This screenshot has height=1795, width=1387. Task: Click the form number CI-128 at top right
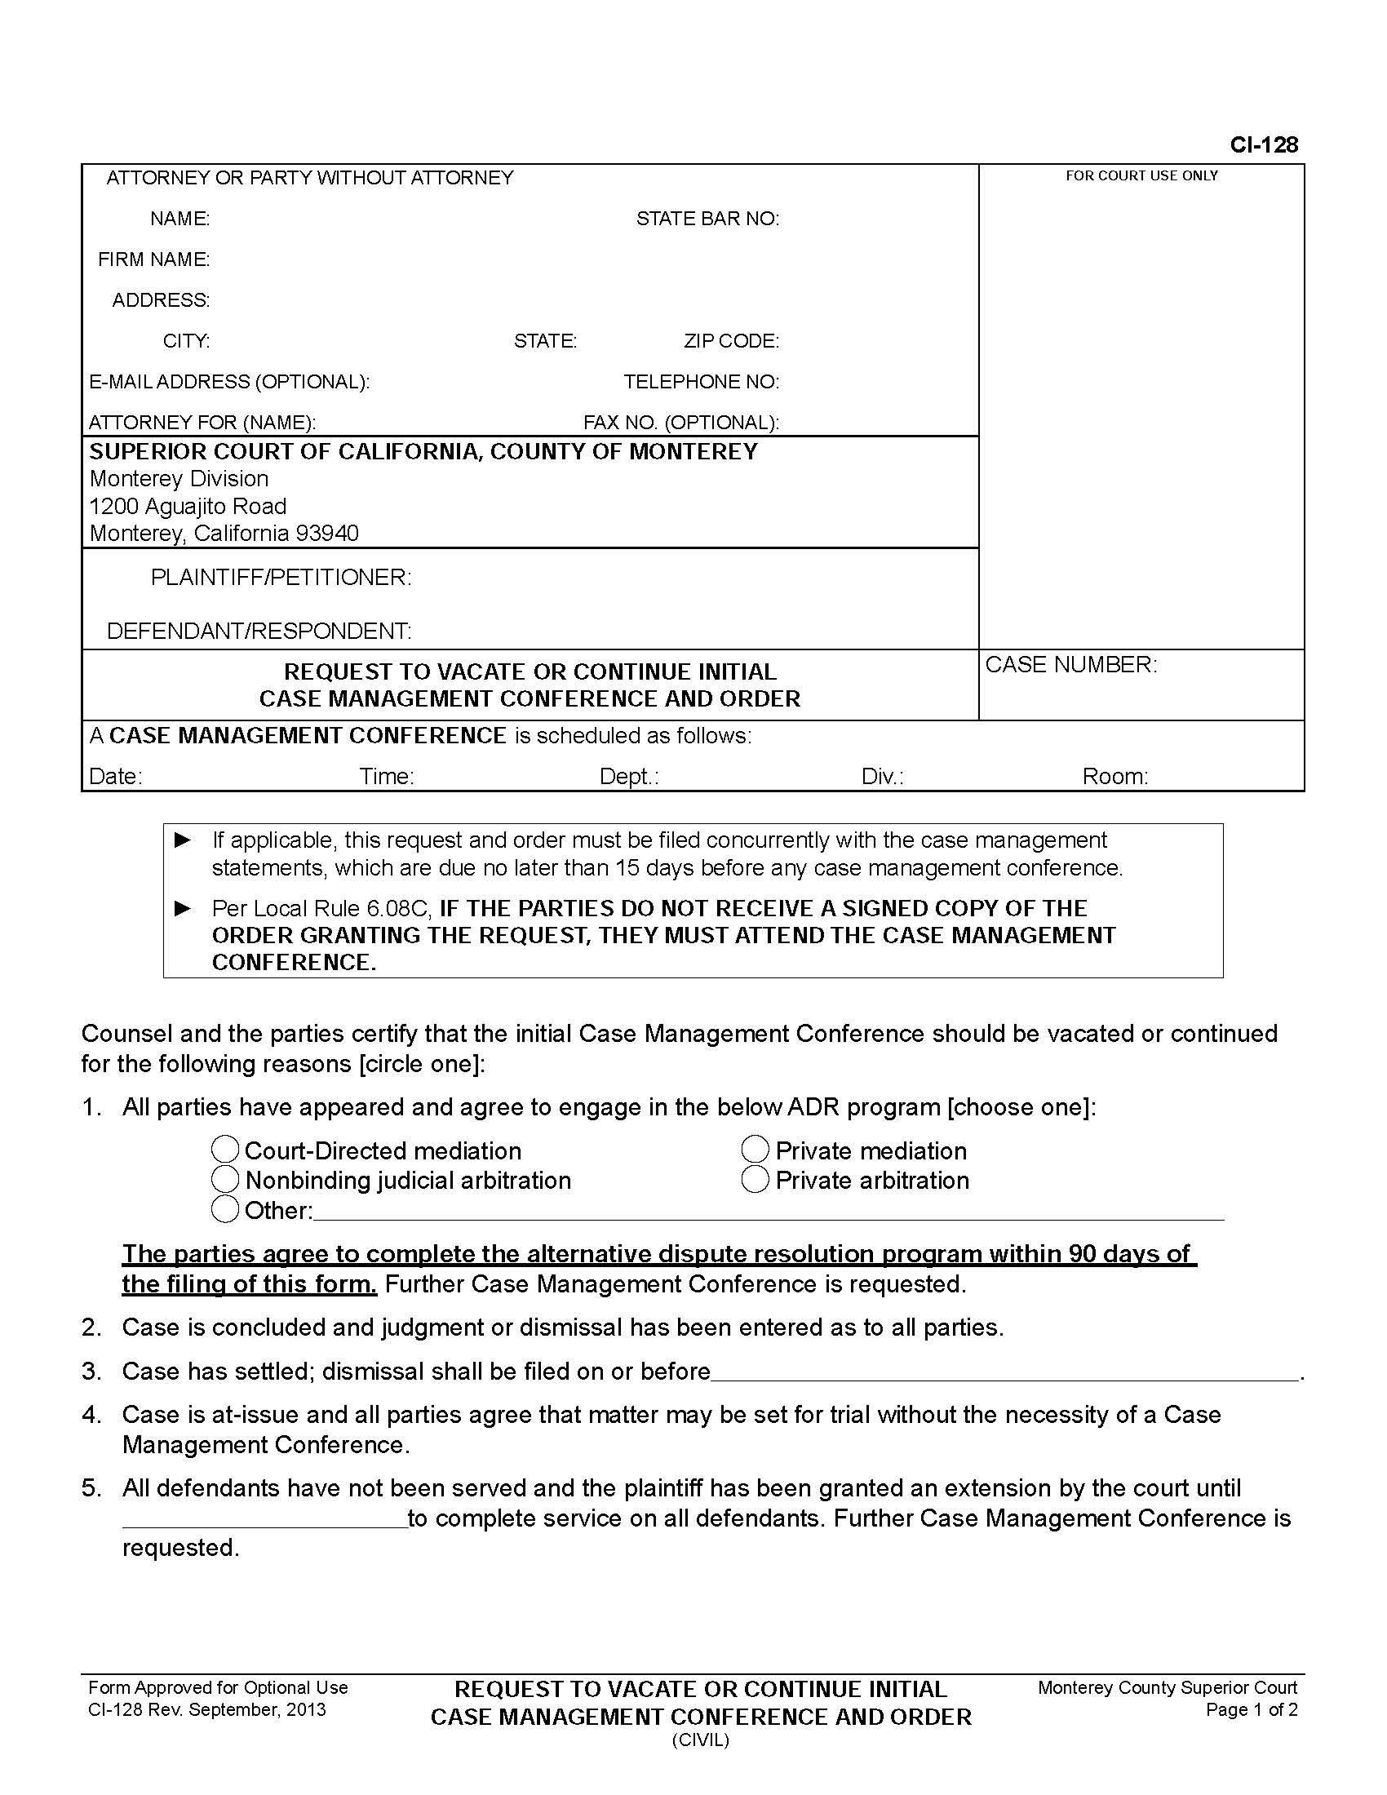1263,144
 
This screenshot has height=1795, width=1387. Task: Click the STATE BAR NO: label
707,219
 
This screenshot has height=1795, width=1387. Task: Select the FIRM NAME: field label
153,259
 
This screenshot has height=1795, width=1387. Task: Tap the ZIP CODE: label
730,341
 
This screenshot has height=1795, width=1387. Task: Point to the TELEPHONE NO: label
700,381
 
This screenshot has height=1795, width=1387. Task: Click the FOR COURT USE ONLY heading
1141,176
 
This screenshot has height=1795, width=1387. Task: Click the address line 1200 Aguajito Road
188,507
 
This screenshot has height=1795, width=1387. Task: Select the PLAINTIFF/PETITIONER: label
280,577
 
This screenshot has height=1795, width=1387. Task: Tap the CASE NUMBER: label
1070,664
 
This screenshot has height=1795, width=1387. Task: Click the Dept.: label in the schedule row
628,776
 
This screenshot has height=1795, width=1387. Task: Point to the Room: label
1114,776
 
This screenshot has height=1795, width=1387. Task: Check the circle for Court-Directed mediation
225,1149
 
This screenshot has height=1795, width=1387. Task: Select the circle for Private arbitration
755,1179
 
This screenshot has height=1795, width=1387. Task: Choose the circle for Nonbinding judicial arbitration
225,1179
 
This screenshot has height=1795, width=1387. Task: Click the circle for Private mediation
755,1149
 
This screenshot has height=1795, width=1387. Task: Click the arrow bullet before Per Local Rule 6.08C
184,908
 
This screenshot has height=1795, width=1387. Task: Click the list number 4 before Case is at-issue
91,1415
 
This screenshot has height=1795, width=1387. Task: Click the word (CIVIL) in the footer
700,1740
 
